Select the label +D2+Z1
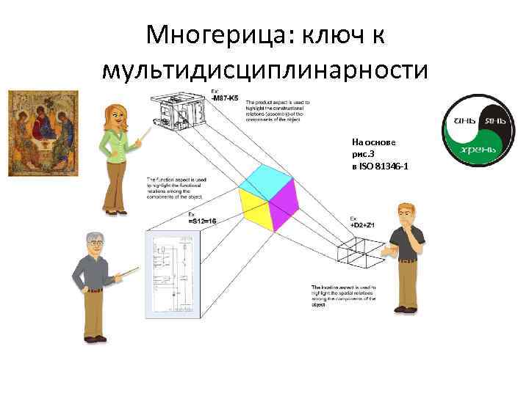click(362, 224)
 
